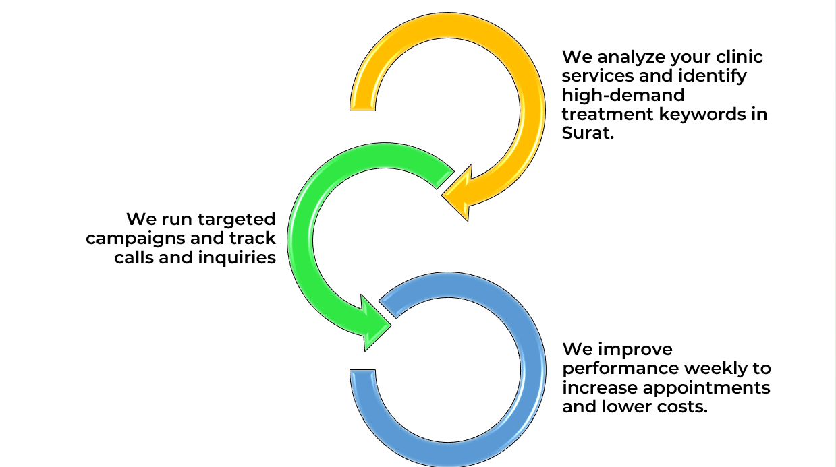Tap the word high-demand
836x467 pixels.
(623, 94)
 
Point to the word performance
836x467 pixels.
(621, 369)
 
